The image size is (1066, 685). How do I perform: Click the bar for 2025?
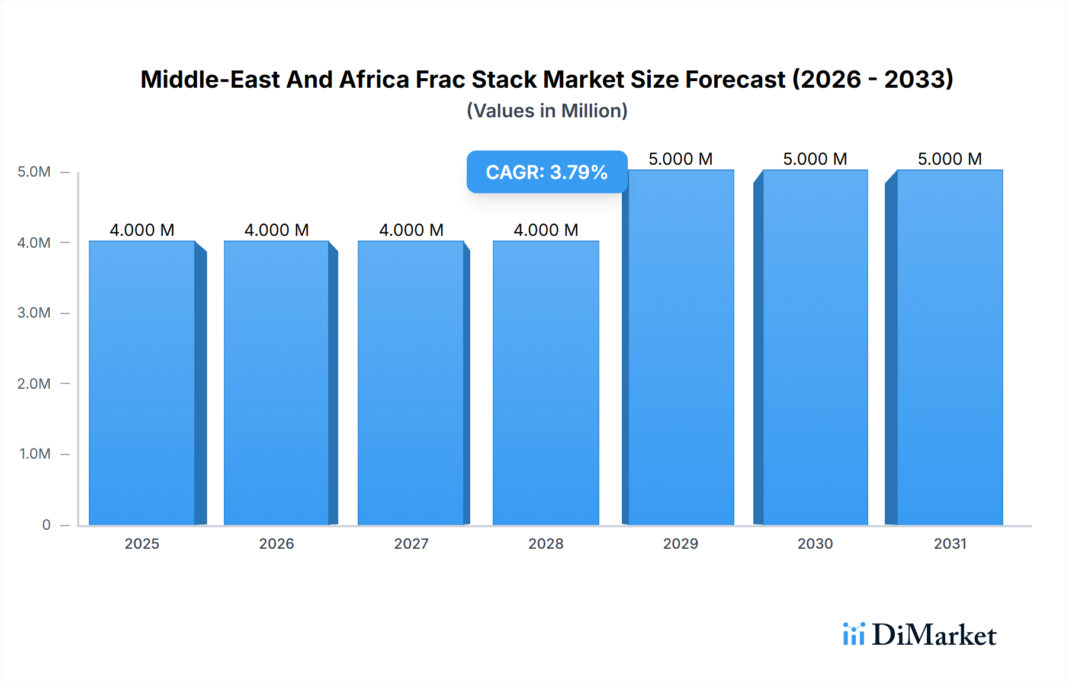pos(142,383)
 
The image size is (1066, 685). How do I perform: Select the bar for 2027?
pos(411,383)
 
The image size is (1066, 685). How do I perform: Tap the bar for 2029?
pos(681,347)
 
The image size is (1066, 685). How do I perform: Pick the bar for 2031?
pos(950,347)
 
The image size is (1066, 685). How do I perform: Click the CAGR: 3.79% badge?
pos(547,172)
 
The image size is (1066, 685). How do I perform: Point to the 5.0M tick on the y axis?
pos(34,172)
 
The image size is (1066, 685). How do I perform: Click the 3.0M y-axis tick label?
pos(34,313)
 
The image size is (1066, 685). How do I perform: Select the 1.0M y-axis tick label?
pos(34,454)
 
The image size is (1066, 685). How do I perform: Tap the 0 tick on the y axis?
pos(46,524)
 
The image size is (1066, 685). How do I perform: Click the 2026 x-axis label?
pos(277,543)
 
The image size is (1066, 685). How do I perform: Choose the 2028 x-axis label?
pos(546,543)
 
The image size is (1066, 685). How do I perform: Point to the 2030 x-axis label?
pos(815,543)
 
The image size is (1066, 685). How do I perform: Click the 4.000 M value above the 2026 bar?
pos(277,230)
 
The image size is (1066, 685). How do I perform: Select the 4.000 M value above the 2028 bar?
pos(546,230)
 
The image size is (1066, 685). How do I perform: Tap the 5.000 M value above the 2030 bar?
pos(815,159)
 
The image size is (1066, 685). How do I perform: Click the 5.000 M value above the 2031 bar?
pos(950,159)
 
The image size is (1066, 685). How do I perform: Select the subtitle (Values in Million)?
pos(547,111)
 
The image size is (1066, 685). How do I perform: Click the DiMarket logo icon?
pos(853,634)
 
